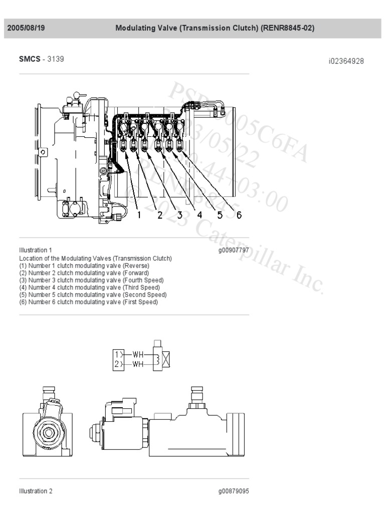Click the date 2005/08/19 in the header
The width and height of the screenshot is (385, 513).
tap(26, 29)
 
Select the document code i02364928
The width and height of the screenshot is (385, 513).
tap(346, 61)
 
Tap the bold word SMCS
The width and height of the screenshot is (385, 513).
tap(30, 59)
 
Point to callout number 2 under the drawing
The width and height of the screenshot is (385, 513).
tap(160, 215)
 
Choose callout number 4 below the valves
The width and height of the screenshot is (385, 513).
tap(199, 215)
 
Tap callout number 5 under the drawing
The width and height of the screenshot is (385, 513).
tap(220, 215)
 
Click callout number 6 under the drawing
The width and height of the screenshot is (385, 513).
tap(239, 215)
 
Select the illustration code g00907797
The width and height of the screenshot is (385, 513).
tap(233, 249)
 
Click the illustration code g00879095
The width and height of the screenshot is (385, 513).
tap(233, 491)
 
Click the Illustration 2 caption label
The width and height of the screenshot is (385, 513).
tap(36, 491)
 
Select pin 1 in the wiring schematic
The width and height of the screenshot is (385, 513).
tap(116, 355)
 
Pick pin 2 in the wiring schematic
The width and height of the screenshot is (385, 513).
tap(116, 364)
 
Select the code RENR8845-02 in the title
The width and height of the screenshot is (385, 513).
tap(287, 29)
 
